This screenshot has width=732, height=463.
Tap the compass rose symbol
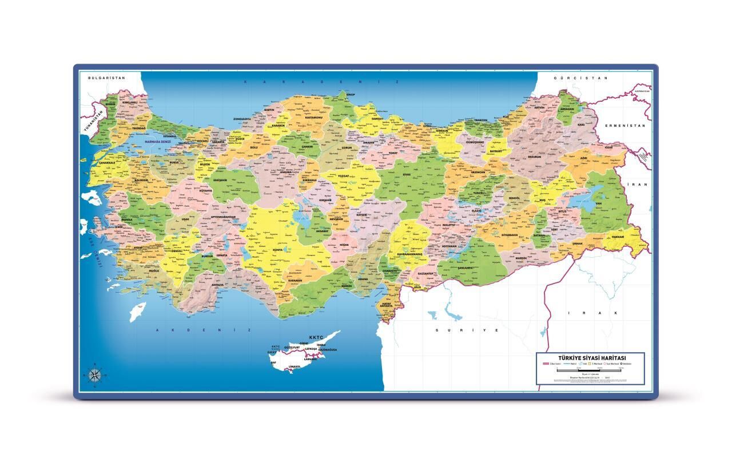(95, 374)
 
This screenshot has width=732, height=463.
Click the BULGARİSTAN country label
(102, 77)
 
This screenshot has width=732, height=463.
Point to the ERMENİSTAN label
(626, 125)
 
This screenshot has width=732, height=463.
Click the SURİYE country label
(467, 330)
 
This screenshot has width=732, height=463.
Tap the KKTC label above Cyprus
(316, 337)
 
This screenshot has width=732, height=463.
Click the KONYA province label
(278, 250)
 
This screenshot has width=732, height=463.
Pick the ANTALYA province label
(217, 285)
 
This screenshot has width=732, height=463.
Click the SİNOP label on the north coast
(351, 94)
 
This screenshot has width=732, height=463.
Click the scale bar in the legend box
(589, 371)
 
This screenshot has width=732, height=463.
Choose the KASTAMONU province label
(314, 118)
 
